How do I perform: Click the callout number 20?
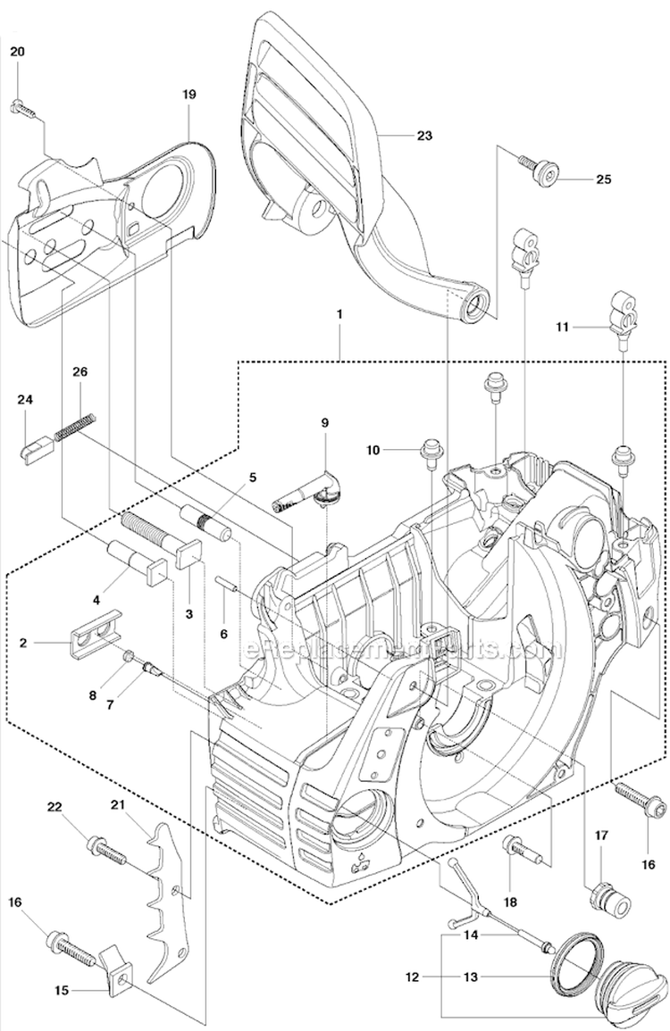pos(18,52)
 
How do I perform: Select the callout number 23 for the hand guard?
pos(423,136)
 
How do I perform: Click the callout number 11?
pos(562,328)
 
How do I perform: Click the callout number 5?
pos(253,477)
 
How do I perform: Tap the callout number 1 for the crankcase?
pos(340,314)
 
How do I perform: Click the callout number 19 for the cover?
pos(189,94)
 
